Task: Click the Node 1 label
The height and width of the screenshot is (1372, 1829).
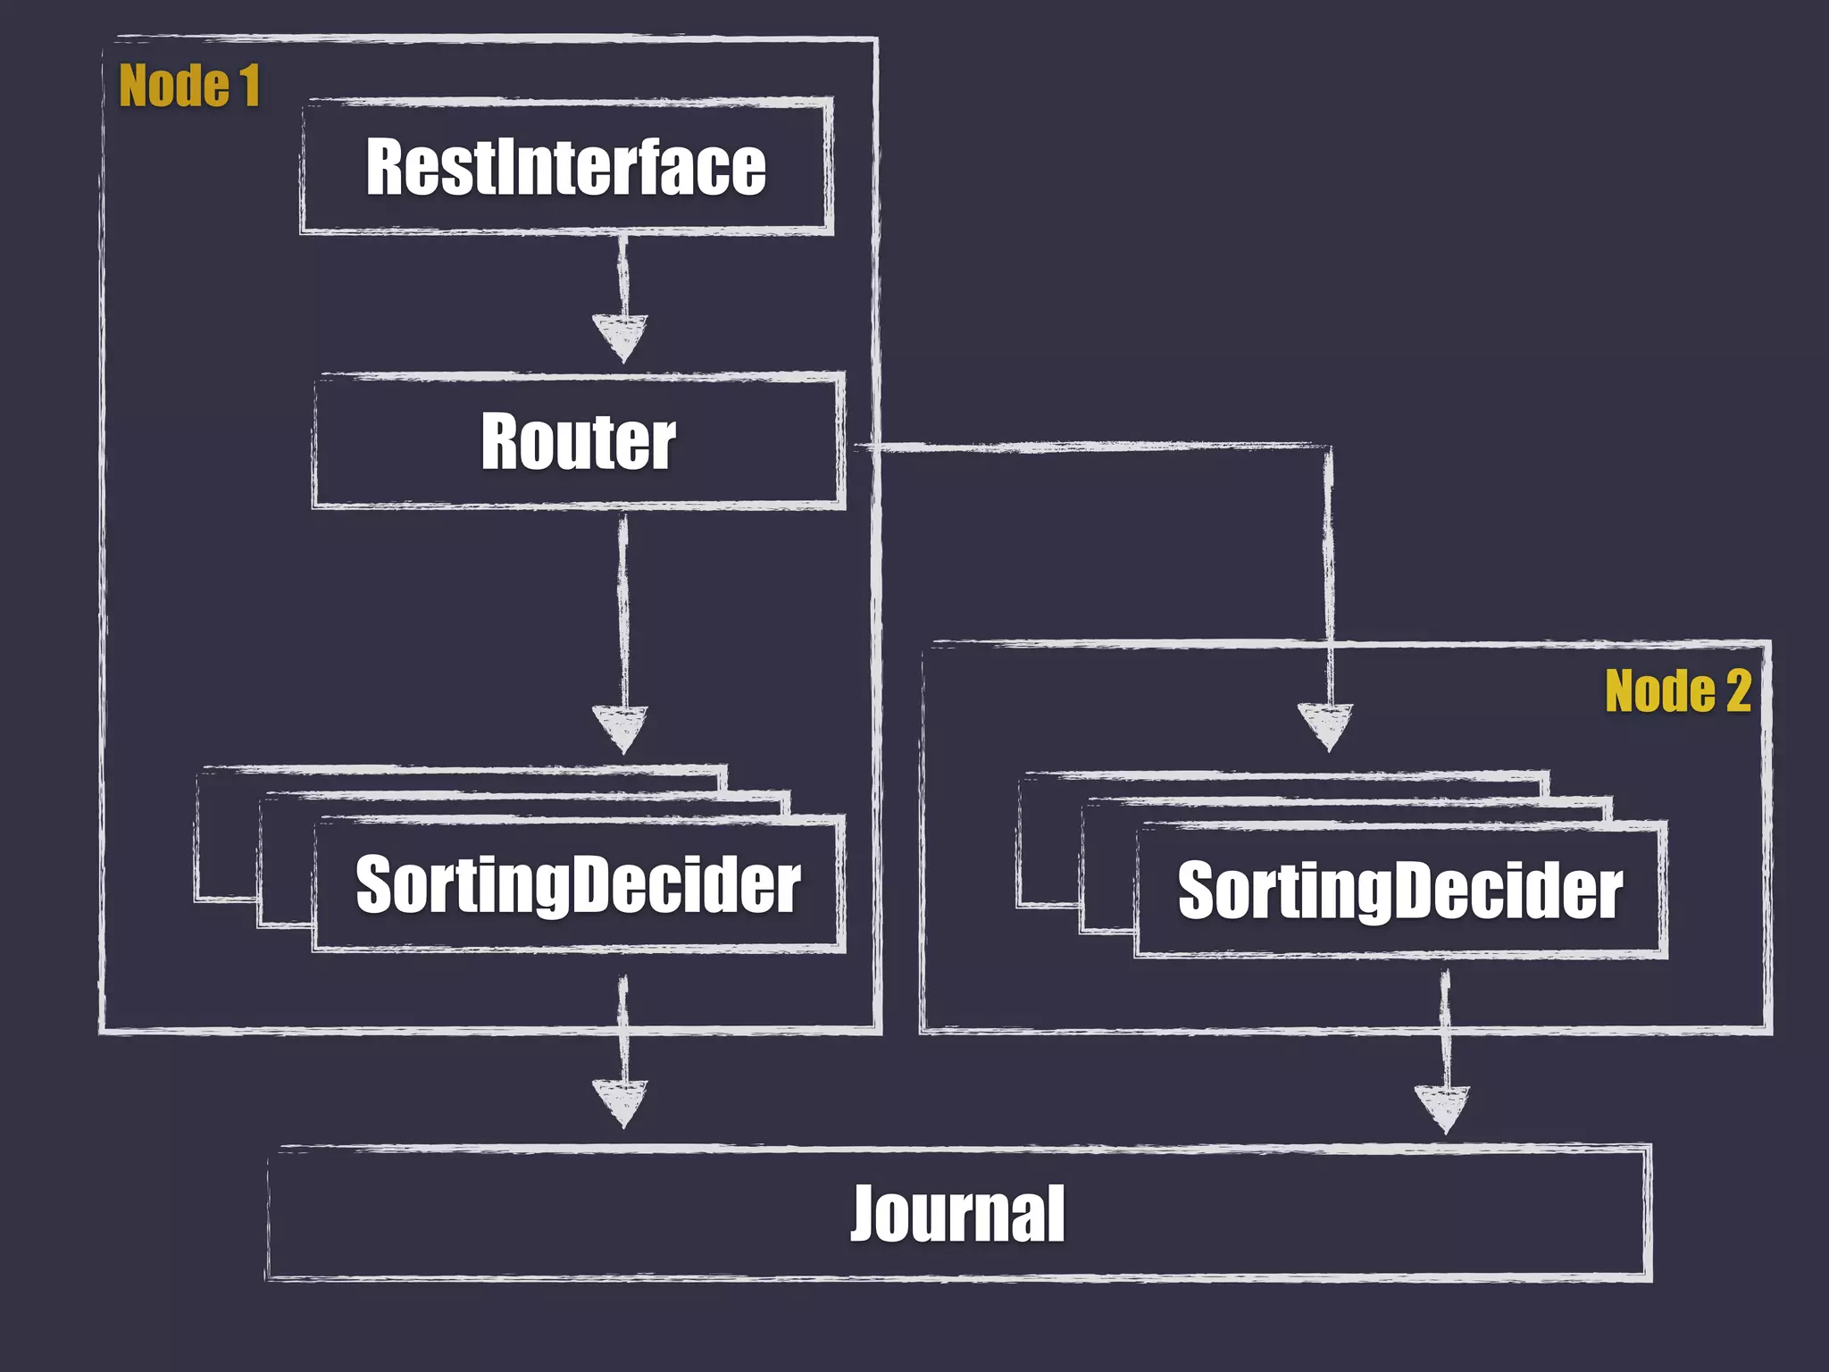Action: pyautogui.click(x=188, y=87)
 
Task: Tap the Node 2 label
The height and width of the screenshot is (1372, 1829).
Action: pyautogui.click(x=1677, y=691)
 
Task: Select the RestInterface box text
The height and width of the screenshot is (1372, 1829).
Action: pyautogui.click(x=566, y=167)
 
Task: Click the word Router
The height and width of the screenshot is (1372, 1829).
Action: pyautogui.click(x=578, y=441)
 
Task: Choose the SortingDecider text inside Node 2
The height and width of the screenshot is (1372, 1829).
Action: pyautogui.click(x=1399, y=891)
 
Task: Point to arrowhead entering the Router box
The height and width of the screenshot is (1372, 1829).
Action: pyautogui.click(x=621, y=338)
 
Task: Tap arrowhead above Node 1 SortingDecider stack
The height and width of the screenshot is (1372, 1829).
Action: pyautogui.click(x=621, y=728)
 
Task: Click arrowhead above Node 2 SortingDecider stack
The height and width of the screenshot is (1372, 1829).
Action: pyautogui.click(x=1326, y=725)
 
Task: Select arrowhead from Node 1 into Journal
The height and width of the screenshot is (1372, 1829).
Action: pyautogui.click(x=621, y=1102)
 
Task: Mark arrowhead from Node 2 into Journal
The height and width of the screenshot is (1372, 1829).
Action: pyautogui.click(x=1441, y=1108)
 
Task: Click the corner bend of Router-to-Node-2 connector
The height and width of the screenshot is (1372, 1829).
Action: pyautogui.click(x=1328, y=448)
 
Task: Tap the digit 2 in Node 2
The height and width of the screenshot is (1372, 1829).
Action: pyautogui.click(x=1738, y=691)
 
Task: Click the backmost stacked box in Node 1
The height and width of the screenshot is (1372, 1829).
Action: pyautogui.click(x=227, y=835)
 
